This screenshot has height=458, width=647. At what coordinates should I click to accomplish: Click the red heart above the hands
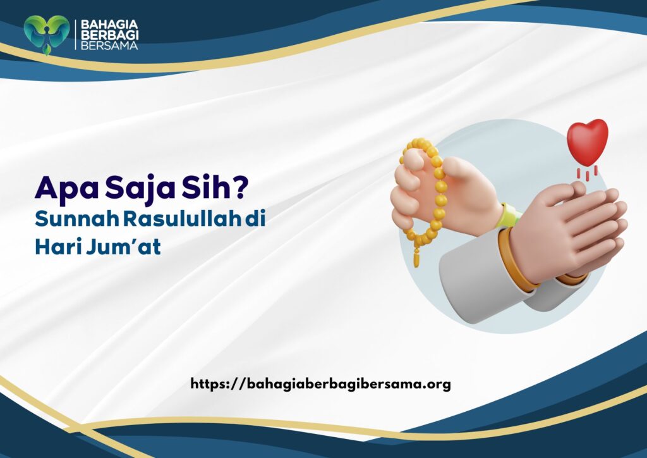coord(587,140)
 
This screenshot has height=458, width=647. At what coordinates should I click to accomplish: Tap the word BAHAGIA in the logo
coord(106,25)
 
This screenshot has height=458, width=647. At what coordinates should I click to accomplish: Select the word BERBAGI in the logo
coord(106,35)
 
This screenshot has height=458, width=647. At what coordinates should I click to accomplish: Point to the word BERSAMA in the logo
coord(106,45)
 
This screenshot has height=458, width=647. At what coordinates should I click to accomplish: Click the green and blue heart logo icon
coord(46,34)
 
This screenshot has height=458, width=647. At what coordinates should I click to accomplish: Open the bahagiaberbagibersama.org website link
coord(320,383)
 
